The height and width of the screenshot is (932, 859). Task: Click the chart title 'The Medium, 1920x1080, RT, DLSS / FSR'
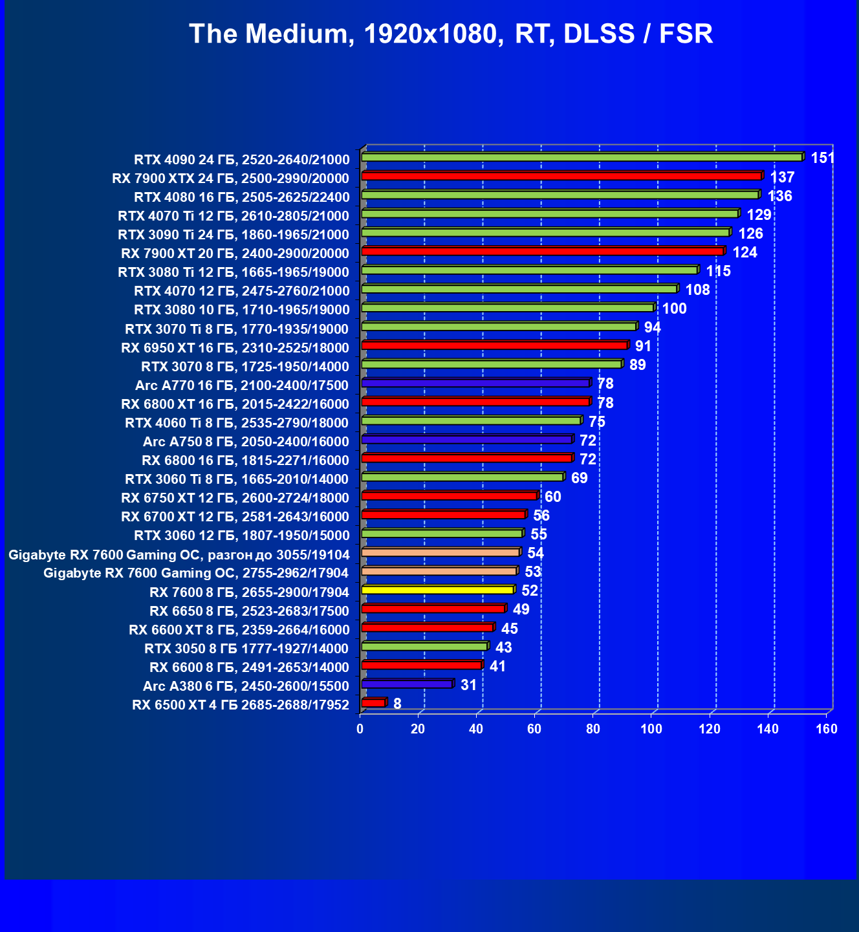(451, 34)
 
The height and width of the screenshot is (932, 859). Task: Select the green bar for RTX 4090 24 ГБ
(582, 157)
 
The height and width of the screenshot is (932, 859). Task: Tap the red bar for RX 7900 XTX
(561, 176)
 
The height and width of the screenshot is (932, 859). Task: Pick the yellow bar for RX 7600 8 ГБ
(438, 590)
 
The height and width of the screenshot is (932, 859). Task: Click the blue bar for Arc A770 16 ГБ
(475, 384)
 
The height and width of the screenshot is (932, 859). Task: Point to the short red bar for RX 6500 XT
(373, 703)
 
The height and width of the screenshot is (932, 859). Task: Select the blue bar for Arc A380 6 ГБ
(407, 684)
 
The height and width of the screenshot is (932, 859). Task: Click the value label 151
(822, 158)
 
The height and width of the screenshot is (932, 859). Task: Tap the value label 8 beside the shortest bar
(397, 704)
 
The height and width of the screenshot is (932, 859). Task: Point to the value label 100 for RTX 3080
(674, 309)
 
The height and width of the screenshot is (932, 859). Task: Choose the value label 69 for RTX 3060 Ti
(579, 478)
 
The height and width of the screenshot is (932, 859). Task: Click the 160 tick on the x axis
(827, 729)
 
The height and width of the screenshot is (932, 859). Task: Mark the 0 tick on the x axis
(360, 729)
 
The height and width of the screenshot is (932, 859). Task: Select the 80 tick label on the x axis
(593, 729)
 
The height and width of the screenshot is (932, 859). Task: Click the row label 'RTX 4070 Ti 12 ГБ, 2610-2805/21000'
(234, 216)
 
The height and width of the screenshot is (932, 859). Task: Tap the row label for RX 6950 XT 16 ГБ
(235, 348)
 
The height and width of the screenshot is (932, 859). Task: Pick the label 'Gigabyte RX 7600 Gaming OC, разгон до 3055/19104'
(179, 555)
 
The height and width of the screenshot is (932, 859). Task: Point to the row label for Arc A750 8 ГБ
(246, 442)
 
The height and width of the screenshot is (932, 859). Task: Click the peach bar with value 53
(439, 571)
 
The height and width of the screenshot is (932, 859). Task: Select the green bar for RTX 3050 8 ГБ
(424, 646)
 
